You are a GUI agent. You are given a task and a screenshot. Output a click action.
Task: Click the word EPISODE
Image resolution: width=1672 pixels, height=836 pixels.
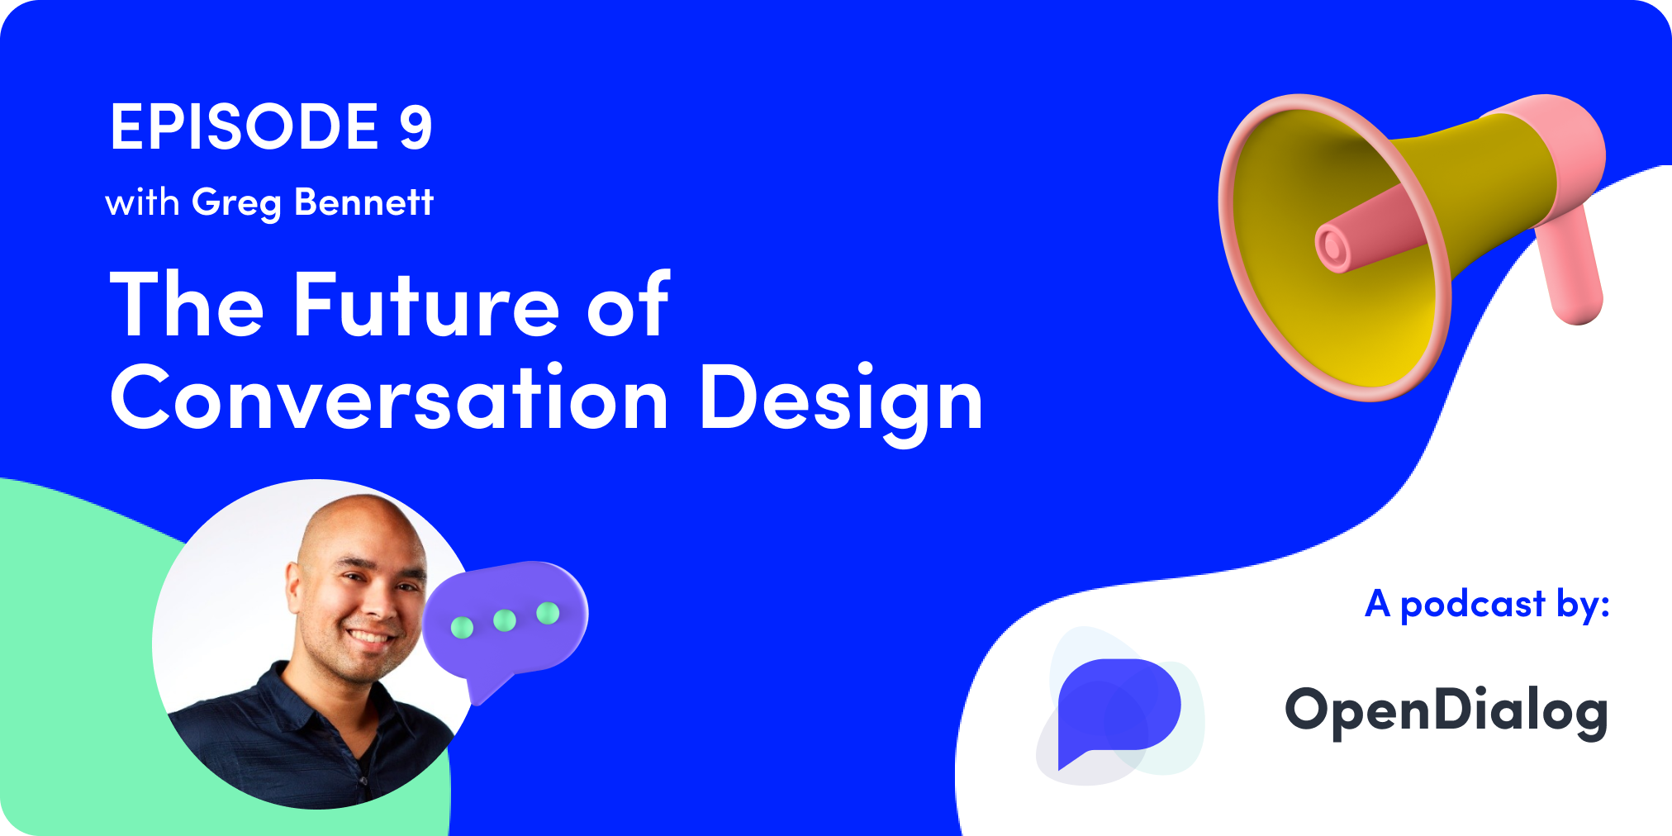pyautogui.click(x=245, y=127)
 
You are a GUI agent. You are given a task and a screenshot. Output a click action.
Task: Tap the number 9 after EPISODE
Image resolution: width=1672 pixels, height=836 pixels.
pyautogui.click(x=416, y=127)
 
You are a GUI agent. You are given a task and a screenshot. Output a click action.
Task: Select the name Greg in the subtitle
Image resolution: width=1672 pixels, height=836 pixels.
pyautogui.click(x=236, y=203)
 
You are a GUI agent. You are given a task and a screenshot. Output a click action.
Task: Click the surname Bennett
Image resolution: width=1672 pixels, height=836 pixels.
pyautogui.click(x=364, y=202)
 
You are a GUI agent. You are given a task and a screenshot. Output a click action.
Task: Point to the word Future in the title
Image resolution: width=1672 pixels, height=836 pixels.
pyautogui.click(x=426, y=306)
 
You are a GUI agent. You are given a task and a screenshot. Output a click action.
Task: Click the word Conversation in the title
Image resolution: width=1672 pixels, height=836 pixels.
pyautogui.click(x=389, y=400)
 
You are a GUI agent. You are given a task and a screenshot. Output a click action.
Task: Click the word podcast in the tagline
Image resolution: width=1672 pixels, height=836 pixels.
pyautogui.click(x=1472, y=605)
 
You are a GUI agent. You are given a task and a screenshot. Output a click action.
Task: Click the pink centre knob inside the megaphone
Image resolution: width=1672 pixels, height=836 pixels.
pyautogui.click(x=1332, y=247)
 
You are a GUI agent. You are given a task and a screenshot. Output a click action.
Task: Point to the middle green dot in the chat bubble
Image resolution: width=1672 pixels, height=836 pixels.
pyautogui.click(x=504, y=620)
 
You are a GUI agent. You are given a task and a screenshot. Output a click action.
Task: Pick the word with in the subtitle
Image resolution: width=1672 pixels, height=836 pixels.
pyautogui.click(x=142, y=202)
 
